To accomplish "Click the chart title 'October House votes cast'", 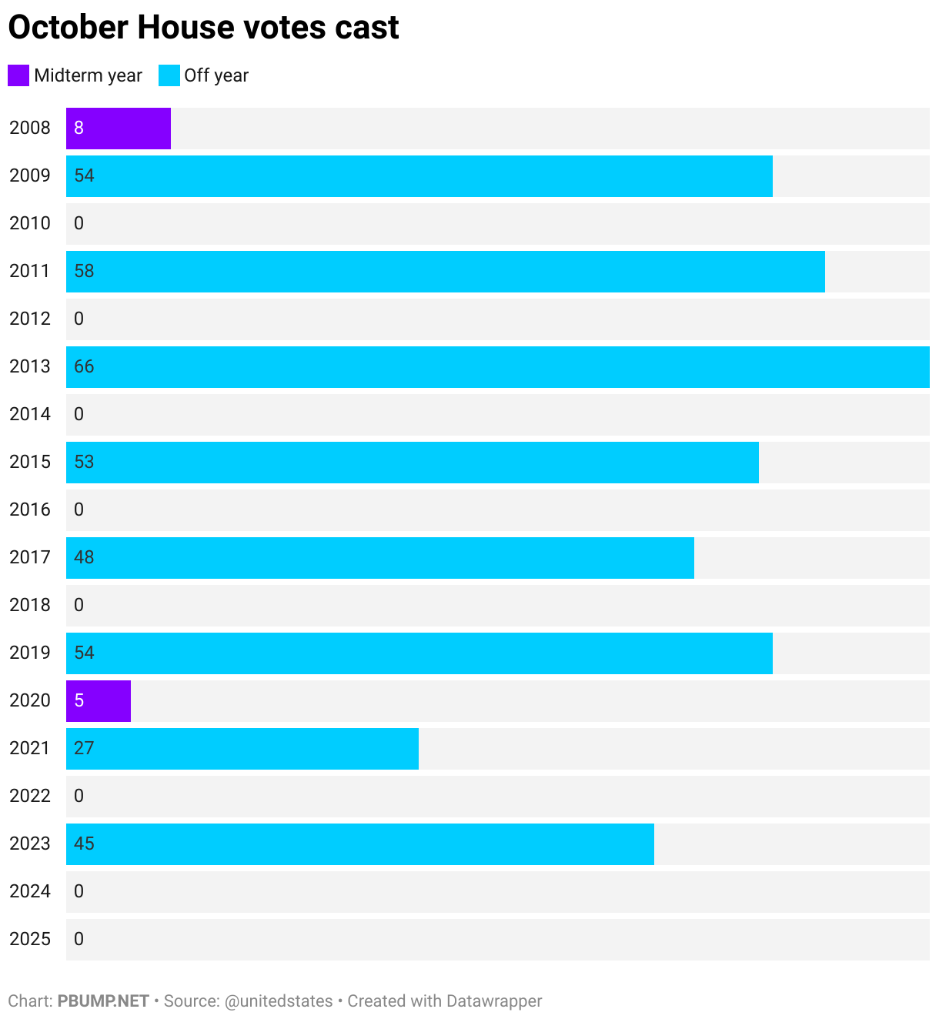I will point(203,28).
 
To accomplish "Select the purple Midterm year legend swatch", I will point(18,75).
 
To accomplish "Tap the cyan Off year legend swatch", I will point(169,75).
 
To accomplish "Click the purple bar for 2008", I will point(119,128).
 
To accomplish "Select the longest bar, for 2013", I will point(497,366).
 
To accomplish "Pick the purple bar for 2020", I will point(99,700).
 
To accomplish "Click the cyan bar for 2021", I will point(242,748).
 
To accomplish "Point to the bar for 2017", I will point(380,557).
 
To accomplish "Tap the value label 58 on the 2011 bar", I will point(84,271).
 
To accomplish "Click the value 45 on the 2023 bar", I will point(84,844).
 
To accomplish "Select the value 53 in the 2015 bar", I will point(84,462).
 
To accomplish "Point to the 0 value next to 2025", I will point(79,939).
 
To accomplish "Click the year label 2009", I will point(30,175).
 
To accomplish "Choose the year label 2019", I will point(30,653).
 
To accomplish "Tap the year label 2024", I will point(30,891).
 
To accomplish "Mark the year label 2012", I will point(30,319).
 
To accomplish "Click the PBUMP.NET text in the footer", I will point(103,1001).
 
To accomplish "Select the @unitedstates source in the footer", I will point(278,1001).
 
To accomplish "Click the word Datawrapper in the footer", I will point(494,1001).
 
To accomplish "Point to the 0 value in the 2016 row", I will point(79,509).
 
